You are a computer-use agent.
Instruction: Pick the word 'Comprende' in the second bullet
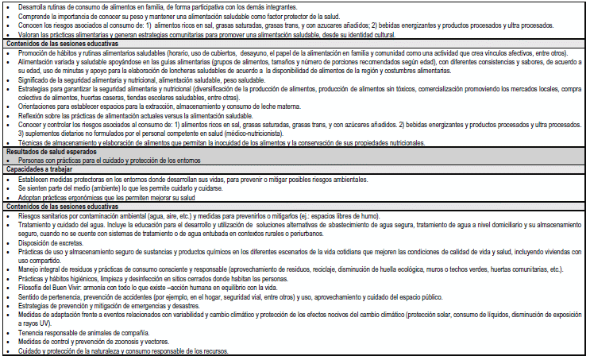coord(34,16)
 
